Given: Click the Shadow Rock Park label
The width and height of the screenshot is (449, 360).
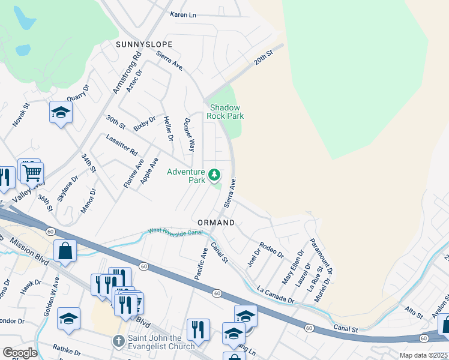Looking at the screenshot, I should tap(226, 111).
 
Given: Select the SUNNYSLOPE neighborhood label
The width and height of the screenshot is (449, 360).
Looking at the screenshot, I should tap(145, 44).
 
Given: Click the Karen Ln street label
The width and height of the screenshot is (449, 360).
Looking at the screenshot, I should tap(183, 14).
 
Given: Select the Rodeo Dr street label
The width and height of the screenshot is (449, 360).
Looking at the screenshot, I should tap(271, 250).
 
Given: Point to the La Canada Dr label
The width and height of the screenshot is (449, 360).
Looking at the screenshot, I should tap(276, 295).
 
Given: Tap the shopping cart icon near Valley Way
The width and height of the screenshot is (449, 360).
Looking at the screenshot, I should tap(32, 173).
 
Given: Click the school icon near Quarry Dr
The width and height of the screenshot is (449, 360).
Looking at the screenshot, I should tap(61, 112).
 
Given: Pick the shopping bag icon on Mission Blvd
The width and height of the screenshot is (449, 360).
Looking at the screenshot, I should tap(65, 251).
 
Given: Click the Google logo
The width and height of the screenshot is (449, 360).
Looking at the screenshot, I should tap(20, 352).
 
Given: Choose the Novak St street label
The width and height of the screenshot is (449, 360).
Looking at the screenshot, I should tap(21, 115).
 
